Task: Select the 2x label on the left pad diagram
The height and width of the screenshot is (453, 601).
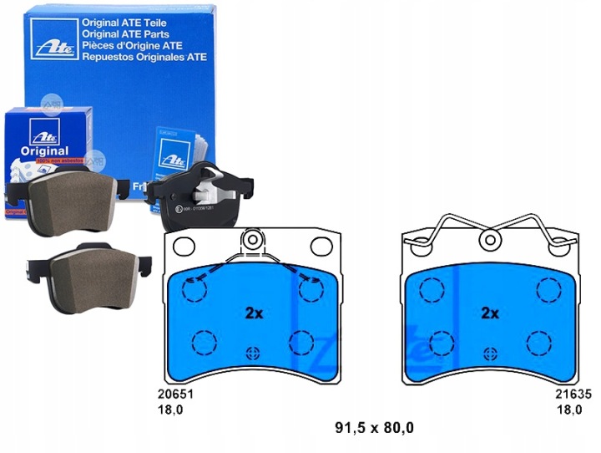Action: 254,313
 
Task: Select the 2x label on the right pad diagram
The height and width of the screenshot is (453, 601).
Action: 490,313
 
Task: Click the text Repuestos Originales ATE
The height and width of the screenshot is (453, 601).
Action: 144,59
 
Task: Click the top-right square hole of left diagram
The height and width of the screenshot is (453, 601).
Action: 321,247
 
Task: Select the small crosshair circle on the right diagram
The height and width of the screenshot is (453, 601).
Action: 490,351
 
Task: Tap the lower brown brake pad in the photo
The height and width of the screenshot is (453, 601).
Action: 88,272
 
